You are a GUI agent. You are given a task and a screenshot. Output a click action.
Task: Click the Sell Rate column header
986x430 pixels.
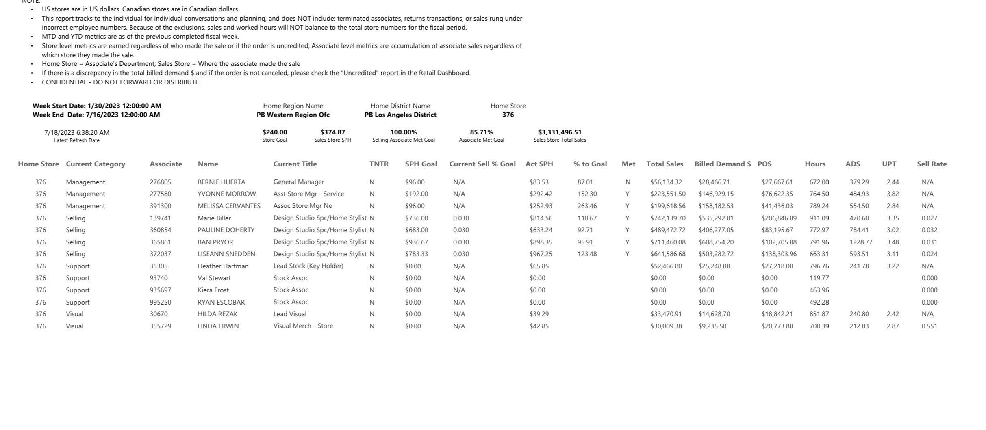932,164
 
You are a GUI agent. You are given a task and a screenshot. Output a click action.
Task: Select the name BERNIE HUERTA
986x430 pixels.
222,182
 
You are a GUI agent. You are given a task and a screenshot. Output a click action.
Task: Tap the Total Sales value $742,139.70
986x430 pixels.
668,218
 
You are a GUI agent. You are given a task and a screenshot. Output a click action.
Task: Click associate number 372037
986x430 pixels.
160,254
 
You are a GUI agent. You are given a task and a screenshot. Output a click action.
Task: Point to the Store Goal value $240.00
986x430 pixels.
275,132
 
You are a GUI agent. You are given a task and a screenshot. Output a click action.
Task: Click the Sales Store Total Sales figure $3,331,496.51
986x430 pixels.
560,132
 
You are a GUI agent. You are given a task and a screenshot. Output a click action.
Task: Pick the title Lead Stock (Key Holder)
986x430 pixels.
308,266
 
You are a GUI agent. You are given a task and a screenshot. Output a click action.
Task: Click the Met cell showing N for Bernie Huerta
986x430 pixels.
628,182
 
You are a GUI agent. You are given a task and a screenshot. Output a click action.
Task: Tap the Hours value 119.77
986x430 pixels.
819,278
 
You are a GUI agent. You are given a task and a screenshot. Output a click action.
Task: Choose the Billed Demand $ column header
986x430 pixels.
723,164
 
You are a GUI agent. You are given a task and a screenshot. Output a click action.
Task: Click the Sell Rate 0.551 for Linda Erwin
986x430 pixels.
929,326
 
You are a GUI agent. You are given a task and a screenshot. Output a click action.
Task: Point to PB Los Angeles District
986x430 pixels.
400,115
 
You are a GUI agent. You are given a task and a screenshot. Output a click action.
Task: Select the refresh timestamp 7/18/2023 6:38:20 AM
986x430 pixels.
77,133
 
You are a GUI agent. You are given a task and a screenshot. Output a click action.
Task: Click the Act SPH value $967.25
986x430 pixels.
541,254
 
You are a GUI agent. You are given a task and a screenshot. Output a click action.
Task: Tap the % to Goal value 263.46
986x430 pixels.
587,206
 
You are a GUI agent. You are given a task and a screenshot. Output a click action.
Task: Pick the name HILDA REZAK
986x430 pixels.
217,314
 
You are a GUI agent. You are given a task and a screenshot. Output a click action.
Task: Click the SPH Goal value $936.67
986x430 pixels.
416,242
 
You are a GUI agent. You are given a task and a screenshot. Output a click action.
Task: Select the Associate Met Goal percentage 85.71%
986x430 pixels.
481,132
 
